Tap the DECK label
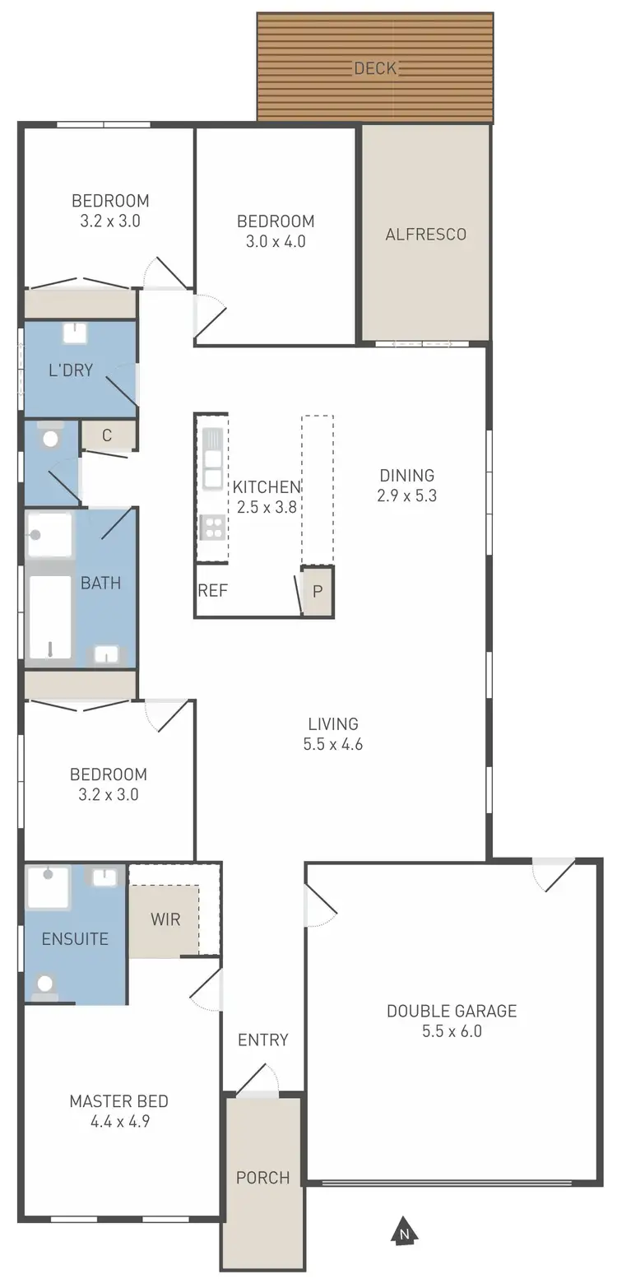375,68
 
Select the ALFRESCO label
425,234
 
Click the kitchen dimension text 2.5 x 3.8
266,508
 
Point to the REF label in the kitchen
212,590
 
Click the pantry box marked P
318,592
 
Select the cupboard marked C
107,435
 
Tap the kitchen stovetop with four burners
212,527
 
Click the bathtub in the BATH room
50,616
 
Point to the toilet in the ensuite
46,984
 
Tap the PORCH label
262,1178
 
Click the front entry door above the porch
257,1083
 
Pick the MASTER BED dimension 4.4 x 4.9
118,1121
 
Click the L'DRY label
71,370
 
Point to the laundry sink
75,333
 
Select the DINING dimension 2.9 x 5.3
406,495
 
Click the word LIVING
333,724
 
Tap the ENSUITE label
75,938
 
